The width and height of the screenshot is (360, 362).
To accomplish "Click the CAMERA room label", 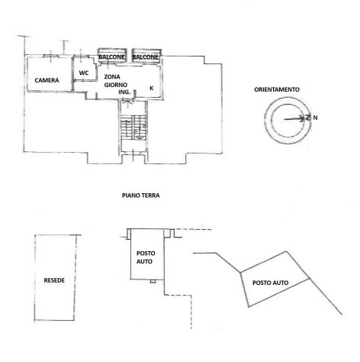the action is pyautogui.click(x=47, y=80).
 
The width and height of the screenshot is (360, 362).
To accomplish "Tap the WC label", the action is pyautogui.click(x=84, y=73).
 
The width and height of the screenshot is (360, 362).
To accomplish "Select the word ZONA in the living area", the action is pyautogui.click(x=112, y=76).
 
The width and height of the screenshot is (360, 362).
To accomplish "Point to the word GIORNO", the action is pyautogui.click(x=116, y=85).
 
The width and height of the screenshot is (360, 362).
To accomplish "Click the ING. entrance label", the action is pyautogui.click(x=124, y=92).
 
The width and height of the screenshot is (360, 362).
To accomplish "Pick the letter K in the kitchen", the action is pyautogui.click(x=152, y=88).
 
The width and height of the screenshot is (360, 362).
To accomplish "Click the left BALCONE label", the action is pyautogui.click(x=111, y=57).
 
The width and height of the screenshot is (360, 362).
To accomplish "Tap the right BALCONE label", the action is pyautogui.click(x=145, y=57).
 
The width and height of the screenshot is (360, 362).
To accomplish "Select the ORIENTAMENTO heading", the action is pyautogui.click(x=277, y=89).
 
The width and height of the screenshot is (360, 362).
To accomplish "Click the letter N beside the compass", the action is pyautogui.click(x=315, y=118).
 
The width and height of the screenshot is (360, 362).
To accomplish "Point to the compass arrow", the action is pyautogui.click(x=294, y=118).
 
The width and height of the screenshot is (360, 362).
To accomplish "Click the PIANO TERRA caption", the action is pyautogui.click(x=141, y=196).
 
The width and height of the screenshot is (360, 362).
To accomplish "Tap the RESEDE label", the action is pyautogui.click(x=54, y=280).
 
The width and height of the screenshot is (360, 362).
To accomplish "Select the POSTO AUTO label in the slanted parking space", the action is pyautogui.click(x=270, y=283).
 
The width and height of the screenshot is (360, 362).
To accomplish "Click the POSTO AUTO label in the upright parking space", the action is pyautogui.click(x=146, y=257).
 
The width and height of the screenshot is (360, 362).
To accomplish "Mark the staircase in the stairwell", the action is pyautogui.click(x=133, y=128).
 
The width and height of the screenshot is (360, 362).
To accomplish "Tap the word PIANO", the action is pyautogui.click(x=130, y=196).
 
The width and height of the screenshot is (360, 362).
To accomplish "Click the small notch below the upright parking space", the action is pyautogui.click(x=153, y=281).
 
